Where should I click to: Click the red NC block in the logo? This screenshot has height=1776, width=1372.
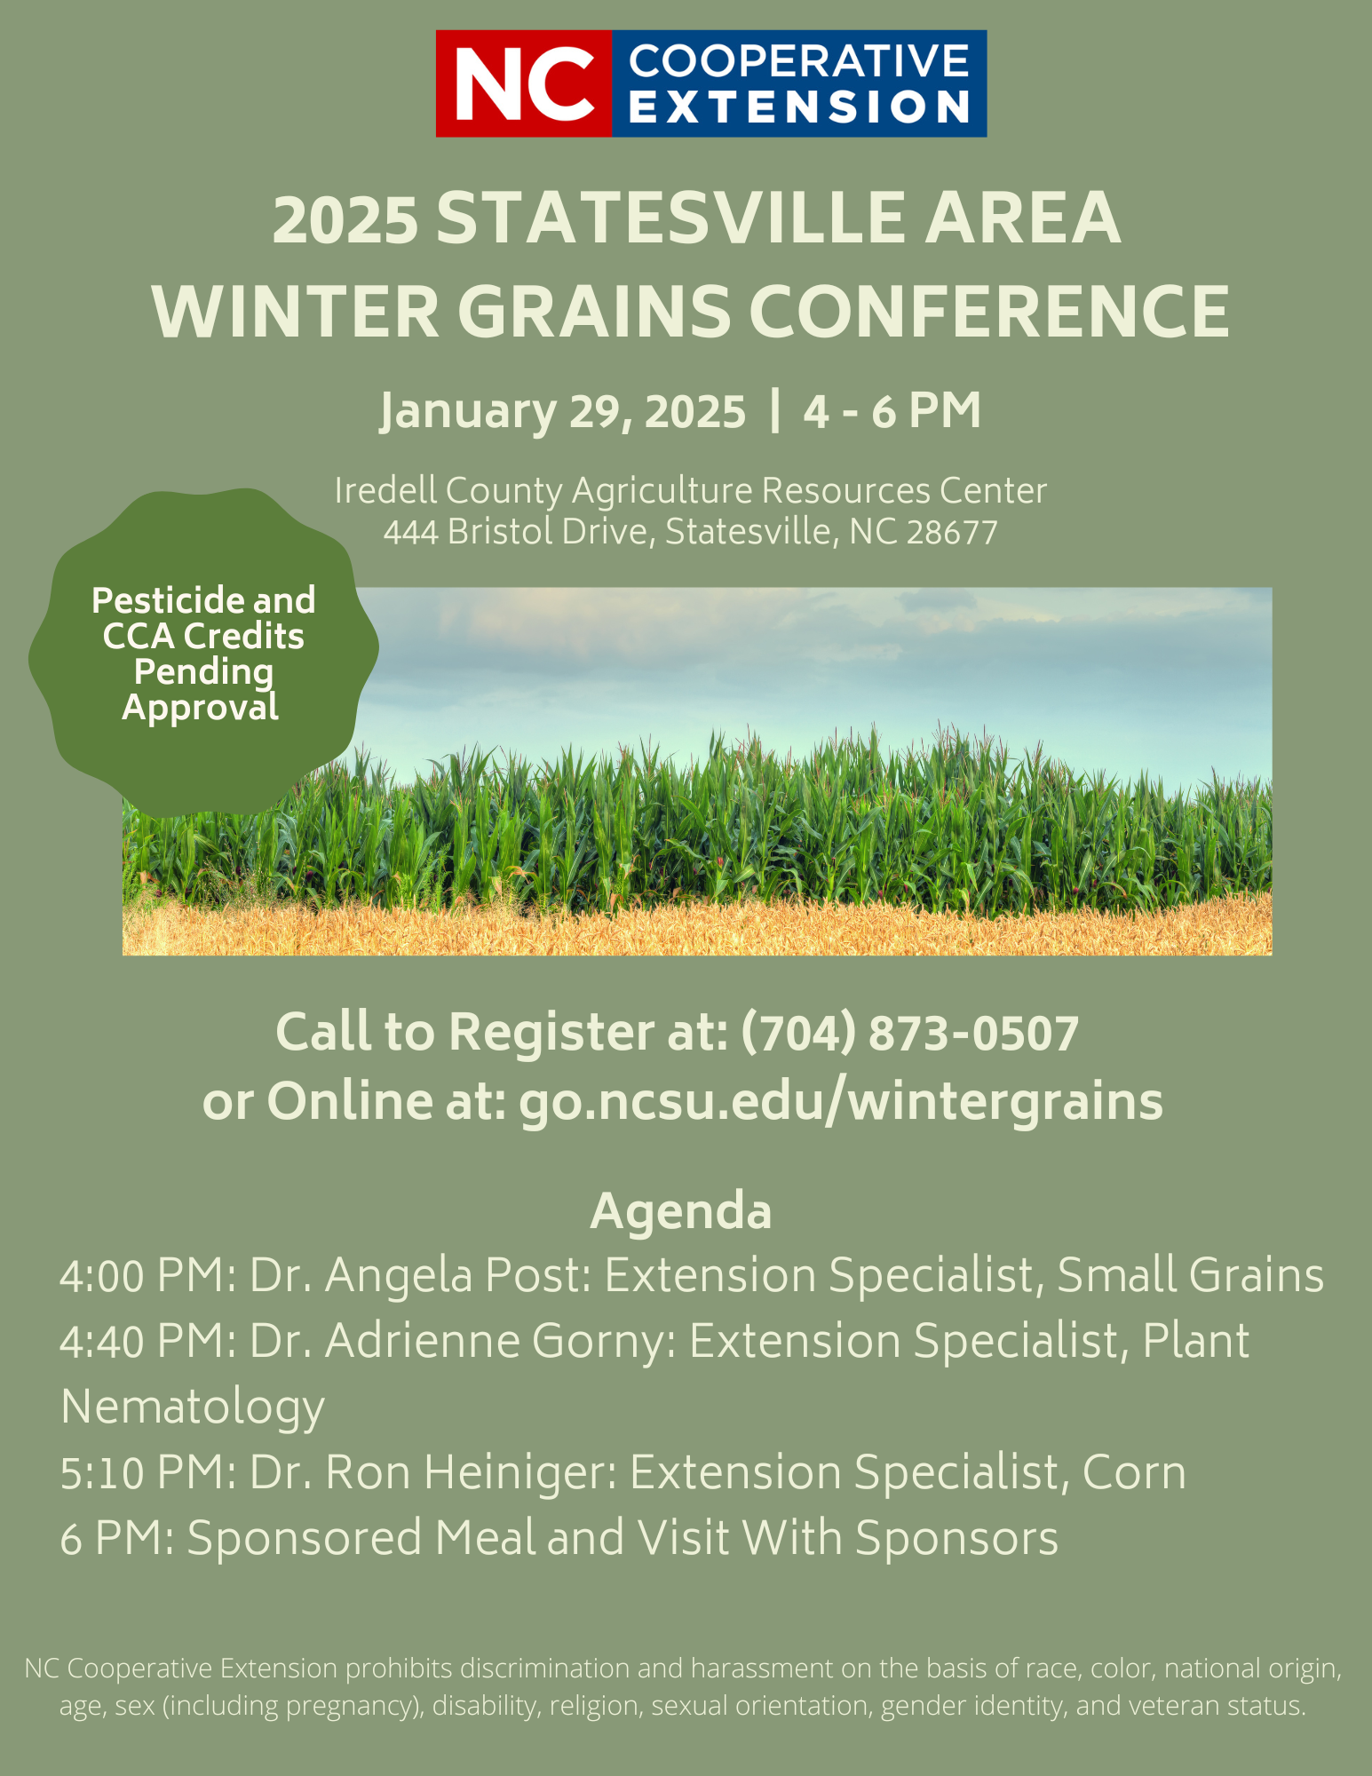coord(524,83)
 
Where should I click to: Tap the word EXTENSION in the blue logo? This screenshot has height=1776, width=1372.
coord(799,107)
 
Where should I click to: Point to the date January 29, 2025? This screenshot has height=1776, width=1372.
coord(563,412)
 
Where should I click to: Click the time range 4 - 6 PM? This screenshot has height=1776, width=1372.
coord(892,411)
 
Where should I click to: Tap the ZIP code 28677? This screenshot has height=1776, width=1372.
coord(952,532)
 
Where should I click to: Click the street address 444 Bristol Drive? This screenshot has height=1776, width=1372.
coord(519,532)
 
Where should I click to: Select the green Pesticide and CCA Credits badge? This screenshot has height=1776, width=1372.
coord(203,653)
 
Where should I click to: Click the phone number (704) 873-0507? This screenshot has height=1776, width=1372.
coord(909,1034)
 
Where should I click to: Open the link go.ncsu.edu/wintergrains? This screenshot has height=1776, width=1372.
coord(840,1102)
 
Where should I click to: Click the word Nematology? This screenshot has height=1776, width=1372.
coord(193,1408)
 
